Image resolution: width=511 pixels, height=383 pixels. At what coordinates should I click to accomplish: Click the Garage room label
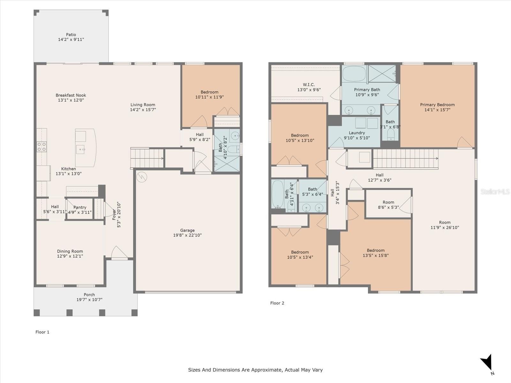click(187, 230)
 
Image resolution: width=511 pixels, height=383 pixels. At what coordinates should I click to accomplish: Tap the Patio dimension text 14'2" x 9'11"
click(71, 40)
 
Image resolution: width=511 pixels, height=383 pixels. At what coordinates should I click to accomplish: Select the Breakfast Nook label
click(71, 95)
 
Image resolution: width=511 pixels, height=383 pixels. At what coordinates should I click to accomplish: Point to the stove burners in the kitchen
click(42, 147)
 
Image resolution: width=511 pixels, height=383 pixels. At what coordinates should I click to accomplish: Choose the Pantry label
click(80, 207)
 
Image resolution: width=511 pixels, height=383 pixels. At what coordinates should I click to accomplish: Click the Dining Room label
click(70, 251)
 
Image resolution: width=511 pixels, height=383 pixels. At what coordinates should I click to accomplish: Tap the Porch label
click(89, 295)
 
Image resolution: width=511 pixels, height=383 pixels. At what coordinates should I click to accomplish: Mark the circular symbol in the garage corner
click(141, 177)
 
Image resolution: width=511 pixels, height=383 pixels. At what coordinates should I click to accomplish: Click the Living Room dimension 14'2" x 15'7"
click(143, 109)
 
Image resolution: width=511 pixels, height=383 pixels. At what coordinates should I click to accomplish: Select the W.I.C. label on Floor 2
click(309, 85)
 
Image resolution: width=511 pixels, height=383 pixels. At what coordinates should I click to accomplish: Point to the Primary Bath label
click(367, 90)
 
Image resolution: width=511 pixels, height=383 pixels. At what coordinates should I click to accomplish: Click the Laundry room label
click(357, 133)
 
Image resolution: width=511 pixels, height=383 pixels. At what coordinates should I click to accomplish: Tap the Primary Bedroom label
click(437, 105)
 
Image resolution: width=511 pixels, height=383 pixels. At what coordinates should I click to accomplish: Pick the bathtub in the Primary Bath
click(354, 74)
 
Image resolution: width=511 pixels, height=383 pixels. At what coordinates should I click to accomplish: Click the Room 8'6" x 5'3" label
click(388, 205)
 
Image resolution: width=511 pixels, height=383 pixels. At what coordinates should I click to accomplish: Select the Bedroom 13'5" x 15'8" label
click(376, 253)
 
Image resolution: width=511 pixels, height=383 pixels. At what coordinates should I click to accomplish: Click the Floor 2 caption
click(277, 303)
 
